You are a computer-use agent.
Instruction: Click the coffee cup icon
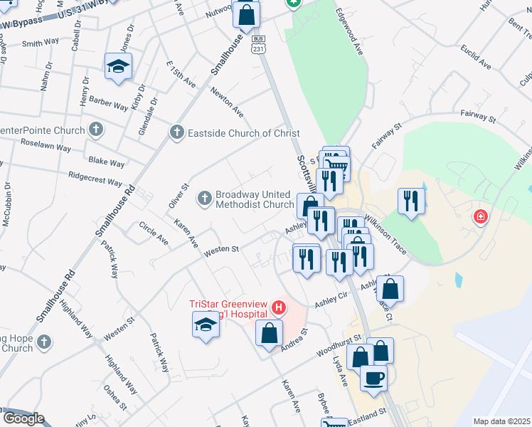tap(374, 377)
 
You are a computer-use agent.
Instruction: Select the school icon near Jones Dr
tap(118, 66)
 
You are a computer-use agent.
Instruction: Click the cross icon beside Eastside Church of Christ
tap(176, 133)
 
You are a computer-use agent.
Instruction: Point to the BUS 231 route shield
tap(258, 43)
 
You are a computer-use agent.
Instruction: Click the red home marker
tap(481, 216)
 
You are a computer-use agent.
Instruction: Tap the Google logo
tap(23, 418)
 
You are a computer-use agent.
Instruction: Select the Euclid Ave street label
tap(475, 56)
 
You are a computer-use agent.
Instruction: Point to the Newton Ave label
tap(227, 102)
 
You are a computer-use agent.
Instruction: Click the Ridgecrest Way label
tap(95, 177)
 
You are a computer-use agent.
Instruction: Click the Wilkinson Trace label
tap(385, 232)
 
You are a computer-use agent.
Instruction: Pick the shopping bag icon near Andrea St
tap(270, 332)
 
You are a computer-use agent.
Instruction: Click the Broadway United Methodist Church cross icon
tap(205, 199)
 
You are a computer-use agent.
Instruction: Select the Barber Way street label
tap(109, 103)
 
